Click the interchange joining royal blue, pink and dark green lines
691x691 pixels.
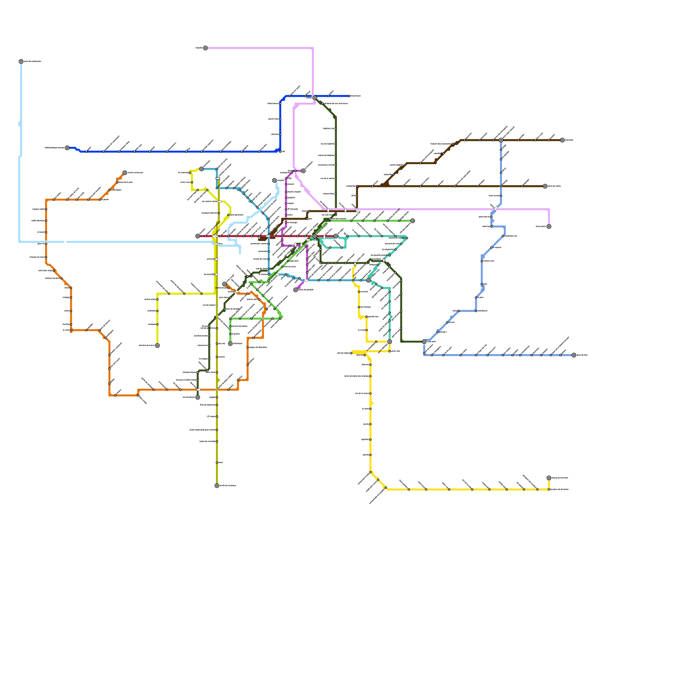pyautogui.click(x=315, y=98)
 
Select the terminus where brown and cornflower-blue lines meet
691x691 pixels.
pyautogui.click(x=501, y=140)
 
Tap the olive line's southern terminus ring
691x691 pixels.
pyautogui.click(x=217, y=486)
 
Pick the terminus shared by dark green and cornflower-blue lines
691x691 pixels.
pyautogui.click(x=424, y=342)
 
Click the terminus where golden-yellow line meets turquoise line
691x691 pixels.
pyautogui.click(x=390, y=342)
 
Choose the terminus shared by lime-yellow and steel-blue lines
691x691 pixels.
pyautogui.click(x=202, y=169)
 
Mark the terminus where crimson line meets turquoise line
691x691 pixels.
pyautogui.click(x=336, y=236)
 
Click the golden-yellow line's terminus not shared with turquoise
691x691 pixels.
pyautogui.click(x=549, y=478)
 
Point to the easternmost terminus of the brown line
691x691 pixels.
pyautogui.click(x=562, y=140)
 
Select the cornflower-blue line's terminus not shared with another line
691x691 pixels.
pyautogui.click(x=574, y=355)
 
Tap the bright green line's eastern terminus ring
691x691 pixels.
pyautogui.click(x=412, y=221)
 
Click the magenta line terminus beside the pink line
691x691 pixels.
pyautogui.click(x=303, y=171)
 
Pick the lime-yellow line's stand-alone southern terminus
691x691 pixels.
pyautogui.click(x=157, y=345)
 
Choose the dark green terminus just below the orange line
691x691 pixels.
pyautogui.click(x=198, y=397)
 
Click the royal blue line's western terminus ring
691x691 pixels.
pyautogui.click(x=67, y=148)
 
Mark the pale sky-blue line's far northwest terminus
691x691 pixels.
pyautogui.click(x=21, y=61)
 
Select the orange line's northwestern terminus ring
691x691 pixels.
pyautogui.click(x=125, y=173)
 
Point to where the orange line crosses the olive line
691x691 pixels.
pyautogui.click(x=217, y=390)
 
